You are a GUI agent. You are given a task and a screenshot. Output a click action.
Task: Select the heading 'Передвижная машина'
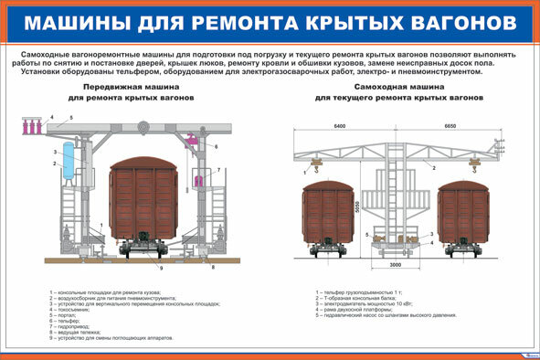point(137,86)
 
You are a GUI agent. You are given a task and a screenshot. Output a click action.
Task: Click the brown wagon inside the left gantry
point(143,201)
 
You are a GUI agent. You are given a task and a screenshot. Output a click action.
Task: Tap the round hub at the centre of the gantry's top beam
point(143,127)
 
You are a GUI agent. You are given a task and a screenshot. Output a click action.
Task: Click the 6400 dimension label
point(342,125)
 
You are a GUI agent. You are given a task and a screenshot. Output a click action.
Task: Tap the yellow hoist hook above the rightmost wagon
point(479,164)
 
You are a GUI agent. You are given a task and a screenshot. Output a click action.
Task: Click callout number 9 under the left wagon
point(162,270)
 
